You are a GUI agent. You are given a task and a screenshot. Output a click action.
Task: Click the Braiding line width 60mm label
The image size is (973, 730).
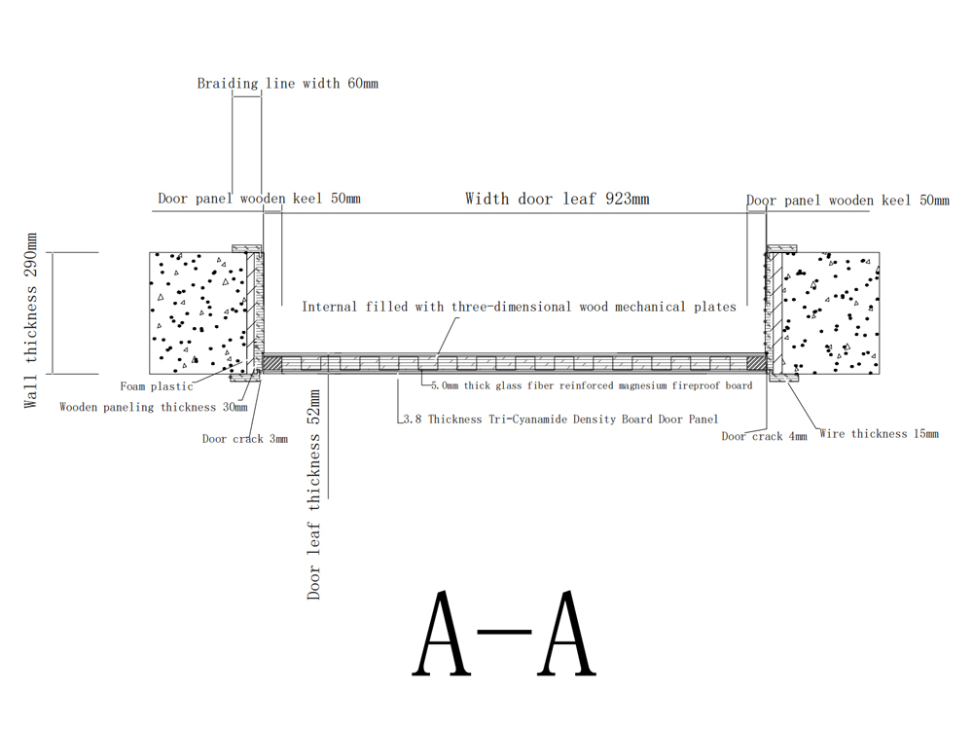[x=287, y=83]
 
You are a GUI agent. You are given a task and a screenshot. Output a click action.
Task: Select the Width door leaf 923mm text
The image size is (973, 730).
[x=558, y=199]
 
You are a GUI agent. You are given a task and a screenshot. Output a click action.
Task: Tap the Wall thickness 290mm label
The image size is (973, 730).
[x=30, y=320]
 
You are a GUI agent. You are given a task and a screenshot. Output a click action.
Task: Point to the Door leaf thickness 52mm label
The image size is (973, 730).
[x=314, y=494]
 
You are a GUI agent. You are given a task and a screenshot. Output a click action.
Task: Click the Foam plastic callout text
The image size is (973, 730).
[x=157, y=386]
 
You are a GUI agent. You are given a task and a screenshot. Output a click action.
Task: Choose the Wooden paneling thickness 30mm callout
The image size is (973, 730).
[x=154, y=407]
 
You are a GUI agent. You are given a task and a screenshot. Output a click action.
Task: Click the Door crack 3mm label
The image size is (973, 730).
[x=244, y=439]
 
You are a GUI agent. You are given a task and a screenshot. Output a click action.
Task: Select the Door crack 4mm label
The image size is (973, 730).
[x=764, y=436]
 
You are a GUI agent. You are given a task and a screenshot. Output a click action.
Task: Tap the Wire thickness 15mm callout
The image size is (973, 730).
[x=879, y=433]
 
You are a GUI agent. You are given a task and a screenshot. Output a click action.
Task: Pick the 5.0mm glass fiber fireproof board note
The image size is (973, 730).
[x=592, y=385]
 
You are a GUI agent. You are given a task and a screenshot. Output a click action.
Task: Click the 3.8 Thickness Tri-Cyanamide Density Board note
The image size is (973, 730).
[x=560, y=419]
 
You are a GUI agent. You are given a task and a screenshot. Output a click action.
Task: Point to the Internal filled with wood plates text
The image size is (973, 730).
[x=519, y=307]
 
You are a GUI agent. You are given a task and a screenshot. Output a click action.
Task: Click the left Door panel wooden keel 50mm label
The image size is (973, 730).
[x=259, y=199]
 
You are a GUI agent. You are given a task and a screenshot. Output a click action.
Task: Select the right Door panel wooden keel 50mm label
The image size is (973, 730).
[x=847, y=201]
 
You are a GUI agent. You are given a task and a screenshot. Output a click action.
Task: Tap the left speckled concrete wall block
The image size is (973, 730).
[x=198, y=312]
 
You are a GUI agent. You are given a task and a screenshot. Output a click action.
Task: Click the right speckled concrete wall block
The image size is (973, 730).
[x=830, y=312]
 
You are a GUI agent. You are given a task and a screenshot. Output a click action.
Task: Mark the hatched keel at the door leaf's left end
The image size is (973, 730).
[x=272, y=363]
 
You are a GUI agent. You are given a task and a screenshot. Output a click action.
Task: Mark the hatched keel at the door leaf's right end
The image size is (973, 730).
[x=756, y=363]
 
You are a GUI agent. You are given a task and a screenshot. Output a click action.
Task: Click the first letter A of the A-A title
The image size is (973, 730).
[x=442, y=634]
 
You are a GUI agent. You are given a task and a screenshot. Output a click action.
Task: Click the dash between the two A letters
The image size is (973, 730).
[x=504, y=633]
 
